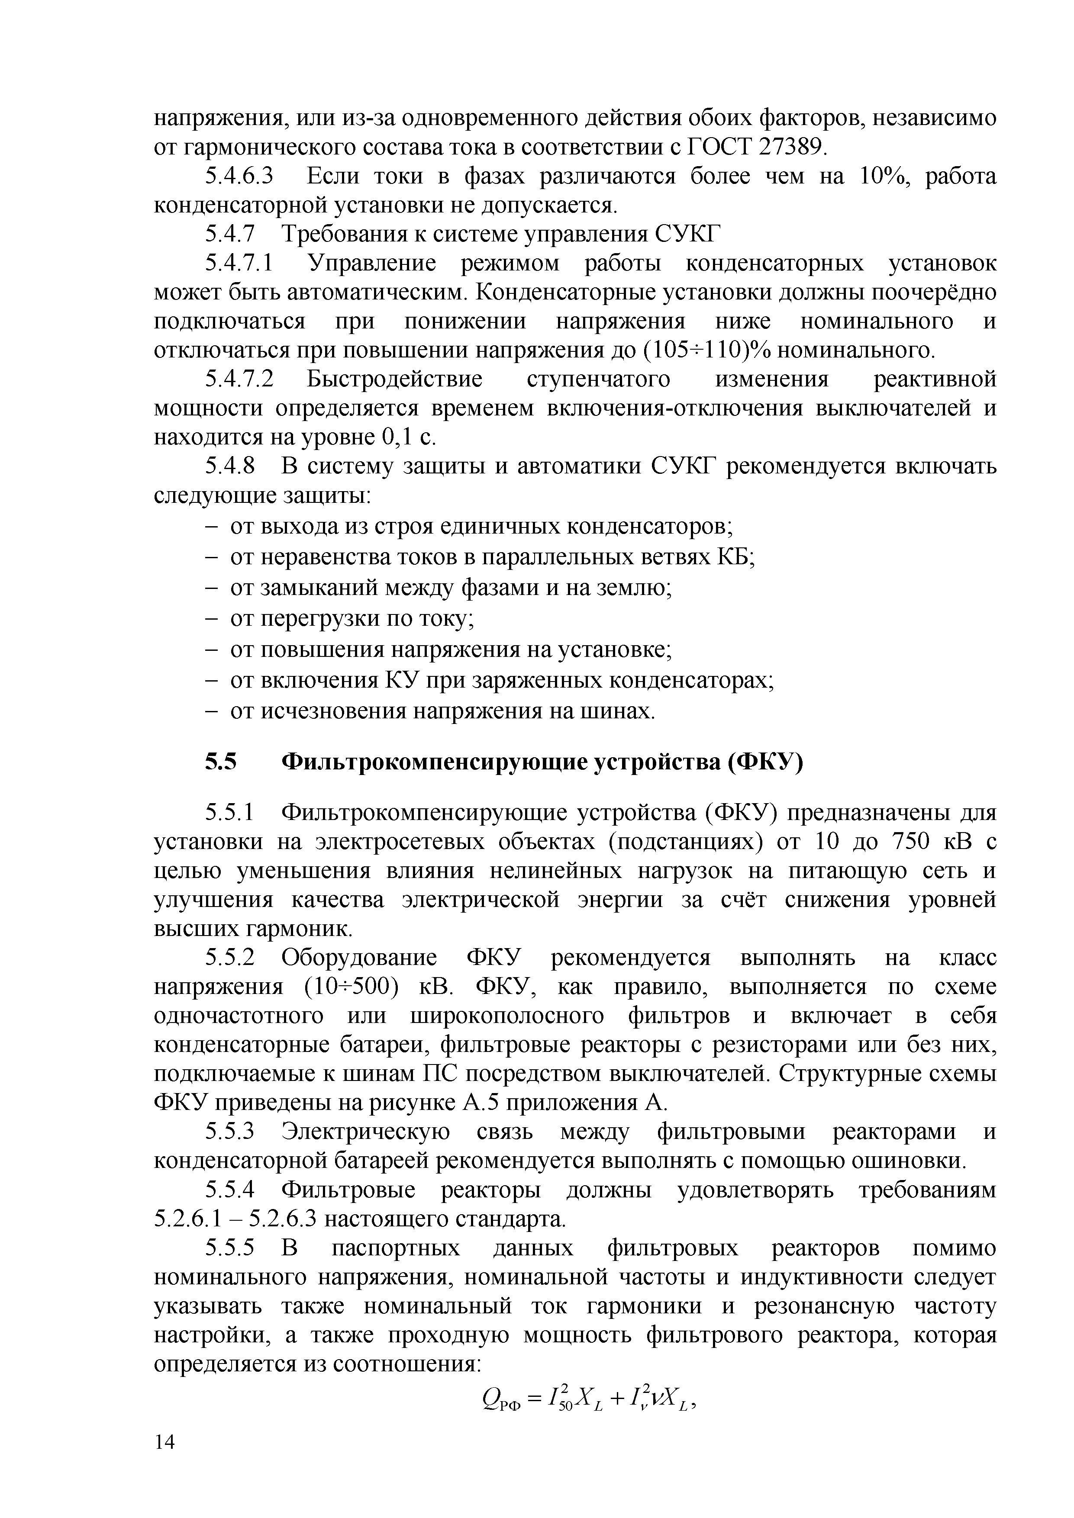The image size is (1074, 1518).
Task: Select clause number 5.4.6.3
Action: point(239,177)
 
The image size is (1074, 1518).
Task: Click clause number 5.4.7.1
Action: point(239,264)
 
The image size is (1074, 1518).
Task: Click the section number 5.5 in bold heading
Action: point(220,763)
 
